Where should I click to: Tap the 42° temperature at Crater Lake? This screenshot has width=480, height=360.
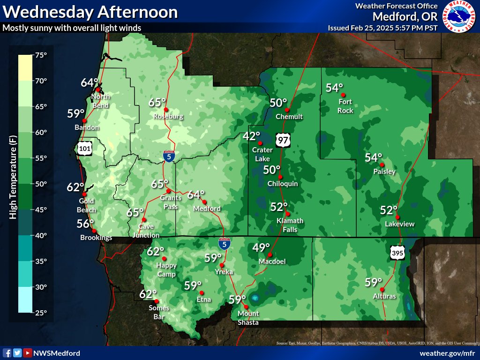[251, 136]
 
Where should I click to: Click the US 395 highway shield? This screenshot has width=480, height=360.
[396, 253]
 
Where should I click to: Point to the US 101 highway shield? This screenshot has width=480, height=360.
[85, 149]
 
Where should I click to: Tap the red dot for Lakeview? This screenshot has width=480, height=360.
[397, 217]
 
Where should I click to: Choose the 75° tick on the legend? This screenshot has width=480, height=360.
[40, 55]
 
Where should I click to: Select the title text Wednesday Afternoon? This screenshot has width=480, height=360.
[90, 12]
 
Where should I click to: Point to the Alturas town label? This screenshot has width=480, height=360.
[384, 296]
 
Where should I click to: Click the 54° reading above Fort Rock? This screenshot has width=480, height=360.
[335, 88]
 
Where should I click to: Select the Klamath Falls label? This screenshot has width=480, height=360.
[290, 225]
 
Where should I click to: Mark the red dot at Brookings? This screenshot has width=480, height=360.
[94, 231]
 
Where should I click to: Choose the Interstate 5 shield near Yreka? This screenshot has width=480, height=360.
[225, 243]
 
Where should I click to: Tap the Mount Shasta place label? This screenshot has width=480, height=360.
[248, 318]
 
